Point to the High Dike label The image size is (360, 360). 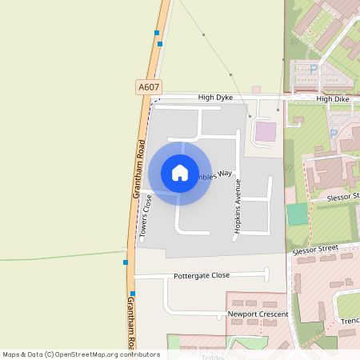[x=333, y=99]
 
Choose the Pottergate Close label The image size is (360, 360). [x=202, y=275]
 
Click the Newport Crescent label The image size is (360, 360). [x=258, y=314]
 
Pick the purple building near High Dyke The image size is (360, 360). [x=265, y=132]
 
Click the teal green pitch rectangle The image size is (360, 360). [x=297, y=214]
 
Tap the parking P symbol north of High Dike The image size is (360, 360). [x=313, y=70]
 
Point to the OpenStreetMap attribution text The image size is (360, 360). [x=81, y=354]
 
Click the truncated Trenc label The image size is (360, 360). [x=350, y=322]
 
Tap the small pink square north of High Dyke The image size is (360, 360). [x=256, y=90]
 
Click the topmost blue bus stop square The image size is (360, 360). [x=156, y=33]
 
